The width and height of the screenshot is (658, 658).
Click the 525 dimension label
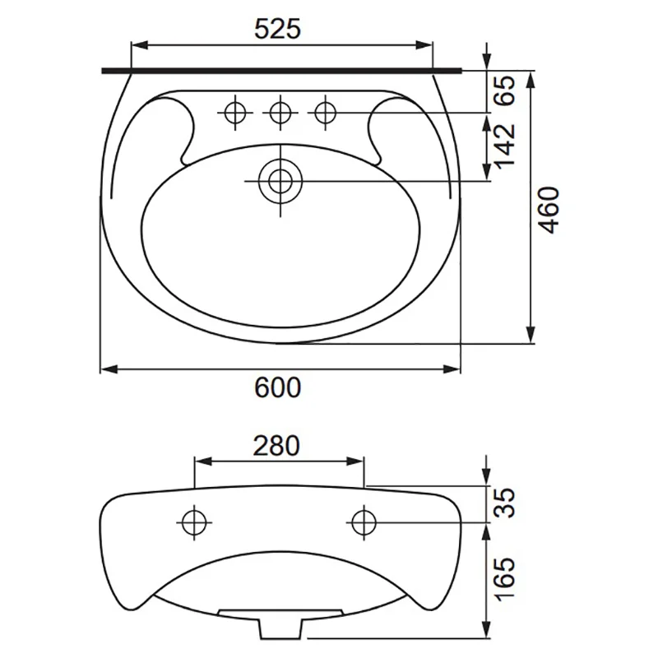(x=278, y=29)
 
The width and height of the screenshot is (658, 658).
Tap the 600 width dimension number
(x=278, y=387)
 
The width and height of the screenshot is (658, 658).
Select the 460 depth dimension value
(x=549, y=210)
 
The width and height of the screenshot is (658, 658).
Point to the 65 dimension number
(x=504, y=90)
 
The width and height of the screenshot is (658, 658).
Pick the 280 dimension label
(x=276, y=446)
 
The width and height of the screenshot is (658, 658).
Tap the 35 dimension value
(x=504, y=503)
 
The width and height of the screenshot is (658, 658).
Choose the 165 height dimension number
(x=504, y=579)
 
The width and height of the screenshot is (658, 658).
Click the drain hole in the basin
(x=280, y=181)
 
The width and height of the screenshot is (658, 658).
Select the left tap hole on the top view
(x=235, y=113)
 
